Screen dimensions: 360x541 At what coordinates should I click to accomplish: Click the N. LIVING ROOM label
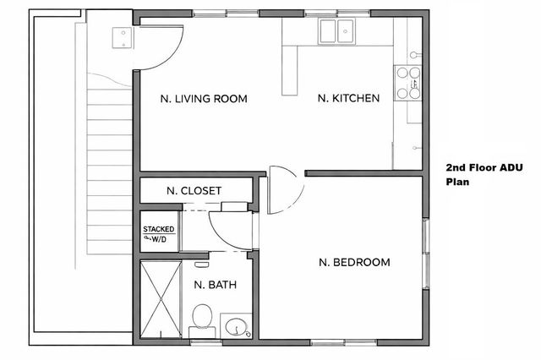tap(204, 99)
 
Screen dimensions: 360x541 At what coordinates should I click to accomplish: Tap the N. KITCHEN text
tap(348, 99)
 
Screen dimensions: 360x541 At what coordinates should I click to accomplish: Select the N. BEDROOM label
tap(354, 262)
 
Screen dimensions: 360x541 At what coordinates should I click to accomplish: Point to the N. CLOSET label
tap(194, 191)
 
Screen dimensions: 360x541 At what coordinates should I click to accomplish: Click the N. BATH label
tap(215, 285)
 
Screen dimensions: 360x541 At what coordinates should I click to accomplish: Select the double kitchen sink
tap(336, 32)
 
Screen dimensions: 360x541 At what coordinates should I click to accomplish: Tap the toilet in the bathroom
tap(201, 319)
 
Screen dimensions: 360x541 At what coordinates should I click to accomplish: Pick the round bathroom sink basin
tap(236, 325)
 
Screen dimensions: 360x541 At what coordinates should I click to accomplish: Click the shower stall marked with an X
tap(160, 300)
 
